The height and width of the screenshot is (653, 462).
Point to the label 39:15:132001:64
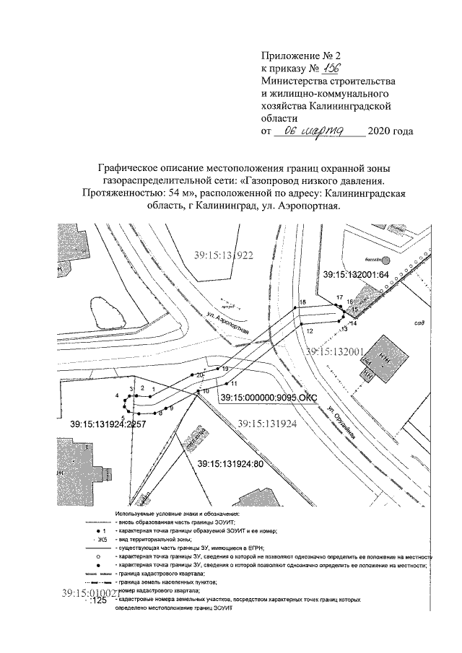coord(356,275)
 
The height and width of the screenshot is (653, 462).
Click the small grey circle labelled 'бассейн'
coord(386,259)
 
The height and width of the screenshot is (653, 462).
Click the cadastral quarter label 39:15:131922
coord(225,255)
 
